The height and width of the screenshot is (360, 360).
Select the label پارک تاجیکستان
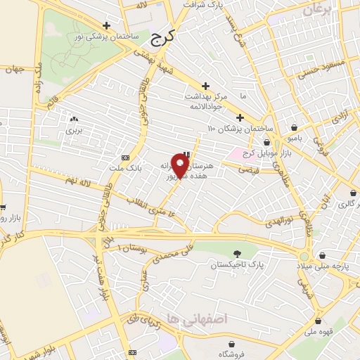tap(236, 266)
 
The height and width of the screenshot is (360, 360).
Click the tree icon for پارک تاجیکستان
tap(236, 255)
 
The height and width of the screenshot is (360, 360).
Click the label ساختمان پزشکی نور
tap(109, 35)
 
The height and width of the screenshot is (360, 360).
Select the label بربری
tap(74, 131)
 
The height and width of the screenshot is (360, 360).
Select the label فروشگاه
tap(231, 354)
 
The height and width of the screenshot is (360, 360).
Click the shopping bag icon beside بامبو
tap(293, 128)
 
